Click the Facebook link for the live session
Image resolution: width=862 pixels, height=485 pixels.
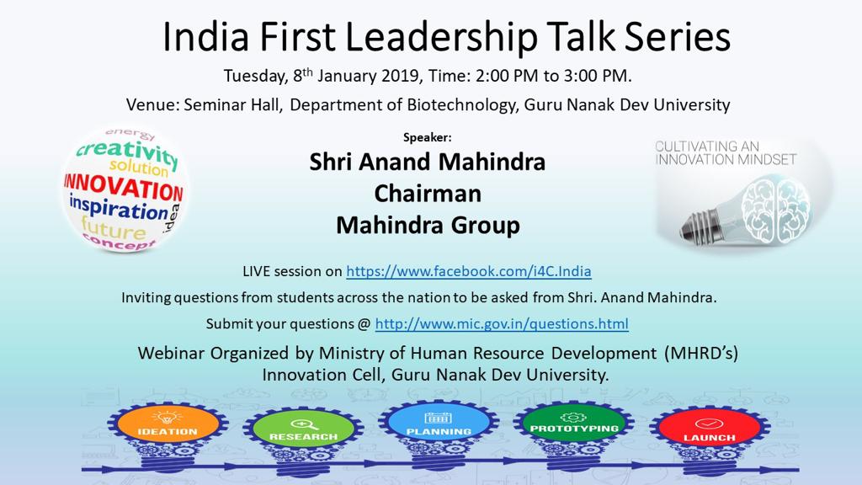pos(468,271)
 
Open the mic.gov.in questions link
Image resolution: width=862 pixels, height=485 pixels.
pos(502,324)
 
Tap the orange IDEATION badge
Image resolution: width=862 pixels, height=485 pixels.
pos(168,424)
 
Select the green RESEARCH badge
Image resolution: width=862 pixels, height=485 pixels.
pos(303,429)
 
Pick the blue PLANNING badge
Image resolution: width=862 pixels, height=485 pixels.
pos(439,424)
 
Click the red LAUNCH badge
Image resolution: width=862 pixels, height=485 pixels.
pos(709,429)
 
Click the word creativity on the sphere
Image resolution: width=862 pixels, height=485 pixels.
pos(128,153)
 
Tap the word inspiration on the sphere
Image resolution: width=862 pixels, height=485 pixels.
pos(119,209)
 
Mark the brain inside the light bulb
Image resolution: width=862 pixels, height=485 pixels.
pos(775,210)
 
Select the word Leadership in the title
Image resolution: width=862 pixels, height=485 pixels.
pos(441,37)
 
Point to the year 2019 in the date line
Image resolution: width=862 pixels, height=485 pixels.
pos(401,75)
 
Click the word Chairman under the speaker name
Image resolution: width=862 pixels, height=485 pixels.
pos(428,194)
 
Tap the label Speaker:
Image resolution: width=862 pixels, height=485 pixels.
pos(427,137)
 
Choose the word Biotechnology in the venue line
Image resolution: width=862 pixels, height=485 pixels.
pos(463,104)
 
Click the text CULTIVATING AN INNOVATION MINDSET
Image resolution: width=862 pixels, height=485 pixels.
pos(726,153)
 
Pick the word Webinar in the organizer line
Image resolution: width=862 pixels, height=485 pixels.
pos(172,353)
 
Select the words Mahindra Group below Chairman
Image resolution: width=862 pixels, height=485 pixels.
pos(428,226)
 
